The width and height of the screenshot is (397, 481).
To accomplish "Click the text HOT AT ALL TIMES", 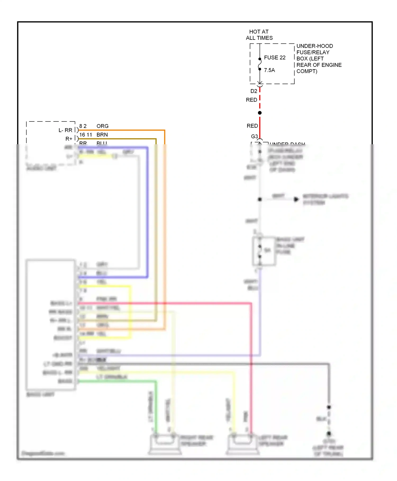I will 259,35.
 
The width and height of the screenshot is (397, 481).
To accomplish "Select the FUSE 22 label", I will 274,58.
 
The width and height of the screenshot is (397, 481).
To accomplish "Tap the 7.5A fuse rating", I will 269,70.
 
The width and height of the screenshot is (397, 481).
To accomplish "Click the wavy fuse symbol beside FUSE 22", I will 260,64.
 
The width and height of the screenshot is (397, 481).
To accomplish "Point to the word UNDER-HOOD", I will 314,46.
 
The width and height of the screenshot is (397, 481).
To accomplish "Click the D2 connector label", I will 254,91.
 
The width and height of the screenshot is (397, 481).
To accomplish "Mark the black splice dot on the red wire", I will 260,113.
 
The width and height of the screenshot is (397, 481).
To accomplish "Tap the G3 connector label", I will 254,136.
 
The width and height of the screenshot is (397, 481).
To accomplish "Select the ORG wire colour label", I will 102,126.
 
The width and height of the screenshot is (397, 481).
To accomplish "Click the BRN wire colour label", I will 102,135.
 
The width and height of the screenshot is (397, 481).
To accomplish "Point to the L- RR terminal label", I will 65,130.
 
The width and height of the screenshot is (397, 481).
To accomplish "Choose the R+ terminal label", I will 69,139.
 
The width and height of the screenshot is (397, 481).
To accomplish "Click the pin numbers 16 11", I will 85,135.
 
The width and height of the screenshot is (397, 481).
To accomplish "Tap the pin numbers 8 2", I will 83,126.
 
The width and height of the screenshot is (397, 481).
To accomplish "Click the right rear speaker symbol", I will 165,444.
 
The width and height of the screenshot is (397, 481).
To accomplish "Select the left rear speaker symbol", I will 242,444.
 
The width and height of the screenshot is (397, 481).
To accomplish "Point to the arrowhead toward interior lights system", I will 296,199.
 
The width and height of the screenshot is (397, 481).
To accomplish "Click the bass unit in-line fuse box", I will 264,251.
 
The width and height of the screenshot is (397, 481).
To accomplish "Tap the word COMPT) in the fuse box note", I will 306,71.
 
